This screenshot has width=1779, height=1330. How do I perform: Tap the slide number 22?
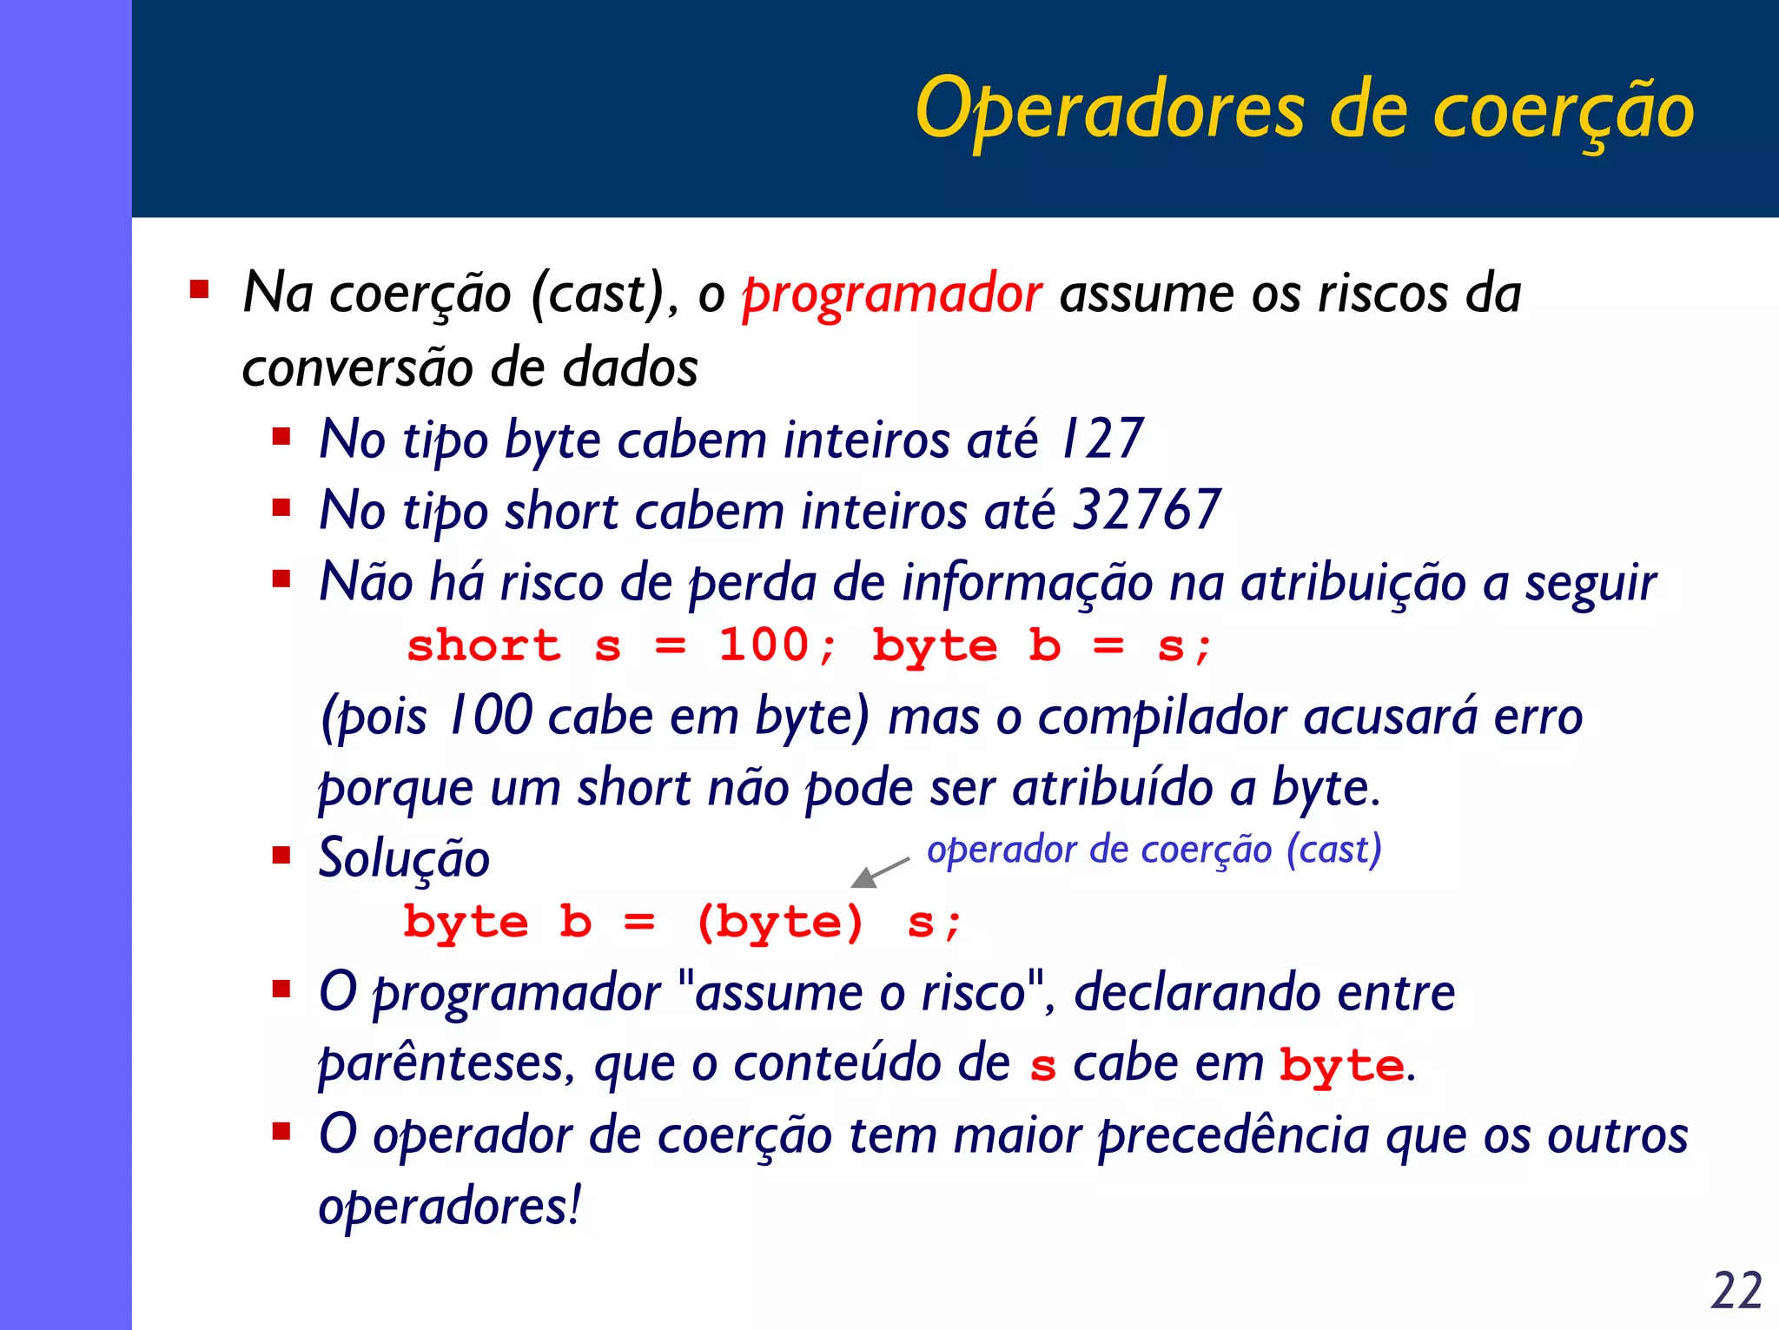[1736, 1290]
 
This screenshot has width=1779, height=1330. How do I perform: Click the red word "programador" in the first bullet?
[891, 294]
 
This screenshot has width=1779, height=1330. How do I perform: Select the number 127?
[1101, 439]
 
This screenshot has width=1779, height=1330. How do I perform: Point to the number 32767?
[1147, 510]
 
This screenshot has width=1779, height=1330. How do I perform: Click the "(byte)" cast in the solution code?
[779, 923]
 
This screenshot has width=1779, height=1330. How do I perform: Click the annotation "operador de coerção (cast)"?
[1154, 850]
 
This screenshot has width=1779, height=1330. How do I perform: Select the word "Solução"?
[404, 859]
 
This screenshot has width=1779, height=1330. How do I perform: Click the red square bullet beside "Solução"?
[281, 856]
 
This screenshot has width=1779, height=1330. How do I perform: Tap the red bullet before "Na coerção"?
[200, 289]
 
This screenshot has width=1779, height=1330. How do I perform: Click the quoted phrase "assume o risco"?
[860, 993]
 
